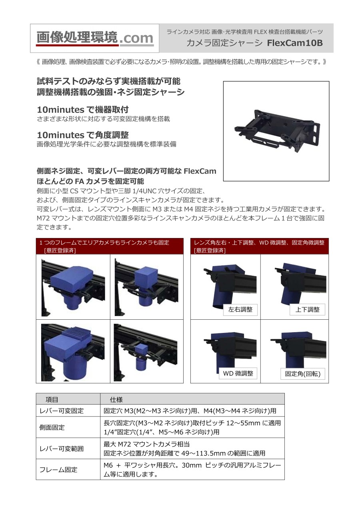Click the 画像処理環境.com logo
point(95,38)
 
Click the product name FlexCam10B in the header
point(294,43)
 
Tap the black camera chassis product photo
point(277,131)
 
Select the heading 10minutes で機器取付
point(83,110)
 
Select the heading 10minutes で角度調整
point(83,135)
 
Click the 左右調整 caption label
point(240,309)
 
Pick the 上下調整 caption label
point(307,309)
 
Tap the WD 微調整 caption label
point(238,373)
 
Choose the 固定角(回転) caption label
point(302,374)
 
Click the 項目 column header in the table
point(52,400)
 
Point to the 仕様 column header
point(116,400)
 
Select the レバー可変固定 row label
point(62,411)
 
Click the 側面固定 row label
point(52,427)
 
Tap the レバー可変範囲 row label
point(62,449)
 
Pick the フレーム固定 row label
point(58,470)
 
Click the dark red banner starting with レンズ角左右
point(260,246)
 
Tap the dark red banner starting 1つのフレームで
point(110,246)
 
